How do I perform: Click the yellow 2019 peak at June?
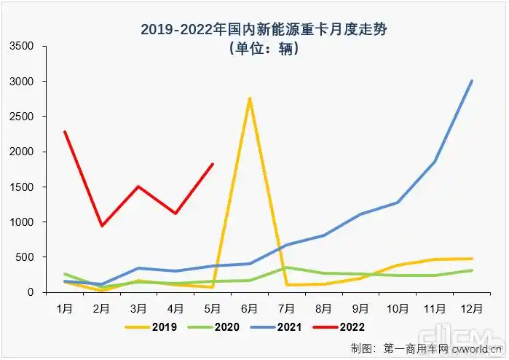click(250, 98)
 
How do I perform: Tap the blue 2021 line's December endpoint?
click(472, 81)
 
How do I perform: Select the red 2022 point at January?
click(65, 132)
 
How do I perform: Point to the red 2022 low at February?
click(102, 226)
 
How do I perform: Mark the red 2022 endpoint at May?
click(213, 164)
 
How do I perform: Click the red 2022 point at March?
click(139, 187)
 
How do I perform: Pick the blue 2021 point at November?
click(435, 162)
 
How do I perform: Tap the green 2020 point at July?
click(287, 267)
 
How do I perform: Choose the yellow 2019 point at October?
click(398, 265)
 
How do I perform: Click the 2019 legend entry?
click(154, 327)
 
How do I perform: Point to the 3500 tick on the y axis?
click(23, 46)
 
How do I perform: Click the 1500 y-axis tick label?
click(23, 187)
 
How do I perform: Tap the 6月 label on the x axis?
click(250, 308)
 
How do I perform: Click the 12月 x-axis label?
click(472, 308)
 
